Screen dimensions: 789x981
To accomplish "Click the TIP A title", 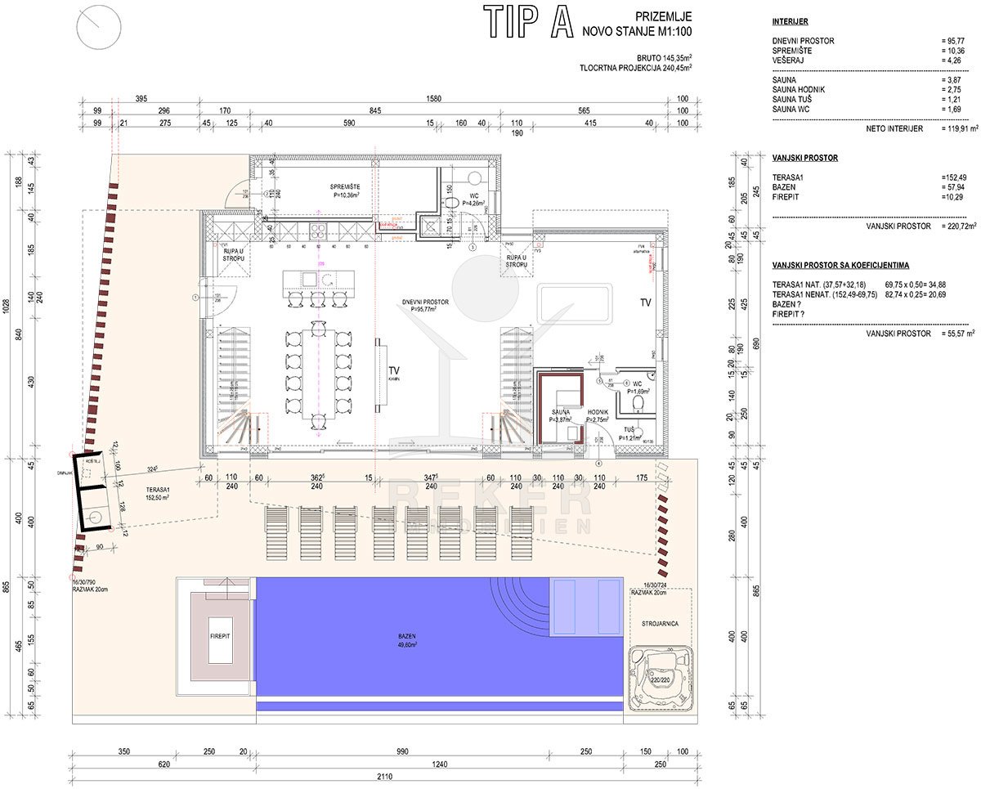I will tap(527, 22).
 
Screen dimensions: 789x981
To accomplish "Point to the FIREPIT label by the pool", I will tap(218, 636).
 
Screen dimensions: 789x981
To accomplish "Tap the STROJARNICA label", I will tap(660, 622).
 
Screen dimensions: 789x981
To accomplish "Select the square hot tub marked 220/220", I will tap(660, 678).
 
